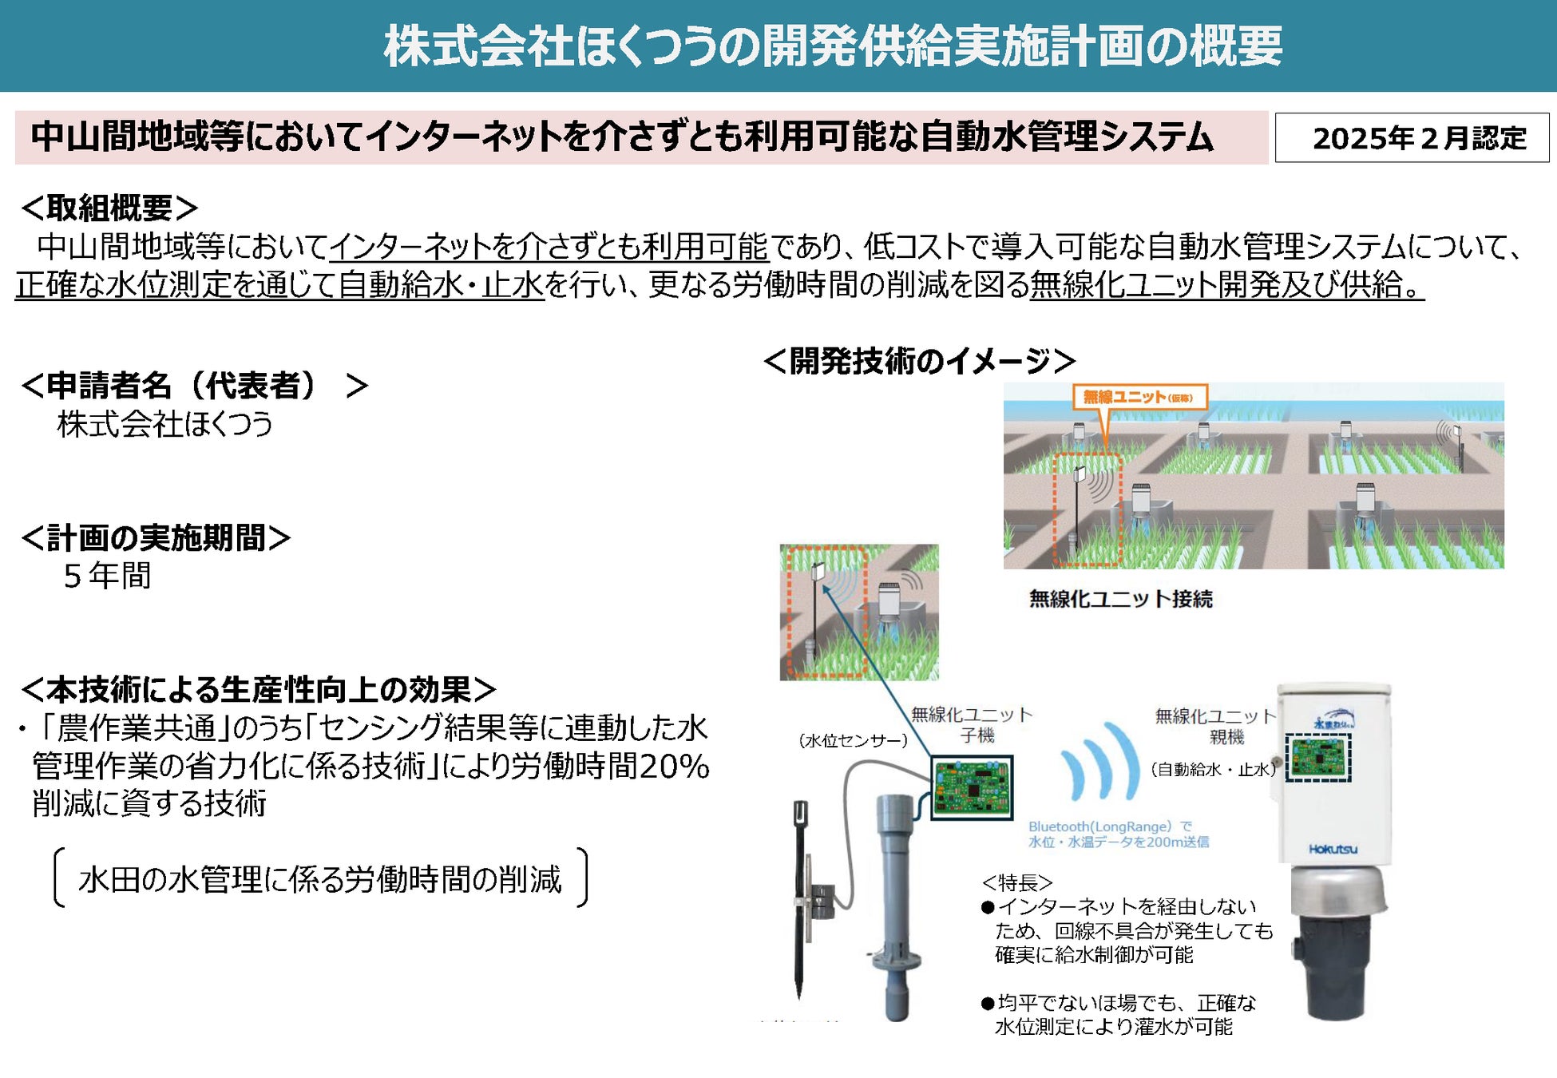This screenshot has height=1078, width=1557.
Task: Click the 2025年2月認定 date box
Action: (x=1411, y=138)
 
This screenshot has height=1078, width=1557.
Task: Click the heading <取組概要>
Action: (x=109, y=208)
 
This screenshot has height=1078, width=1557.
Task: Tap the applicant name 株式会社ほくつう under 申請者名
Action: (x=164, y=424)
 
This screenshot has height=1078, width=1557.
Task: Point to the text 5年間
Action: (x=107, y=576)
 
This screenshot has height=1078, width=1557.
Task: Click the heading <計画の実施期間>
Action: (x=156, y=537)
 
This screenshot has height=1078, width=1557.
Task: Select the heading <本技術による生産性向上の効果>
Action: (x=258, y=689)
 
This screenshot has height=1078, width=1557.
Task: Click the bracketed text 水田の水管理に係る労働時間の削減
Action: (x=320, y=879)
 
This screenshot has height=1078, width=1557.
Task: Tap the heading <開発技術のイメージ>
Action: (x=919, y=361)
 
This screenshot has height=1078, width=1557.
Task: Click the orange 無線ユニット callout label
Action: (x=1138, y=397)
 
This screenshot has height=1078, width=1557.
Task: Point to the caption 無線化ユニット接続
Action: (x=1120, y=599)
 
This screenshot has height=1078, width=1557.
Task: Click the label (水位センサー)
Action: (x=852, y=741)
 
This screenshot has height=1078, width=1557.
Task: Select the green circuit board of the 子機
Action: (x=972, y=787)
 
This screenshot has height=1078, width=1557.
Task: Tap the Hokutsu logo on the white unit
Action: (x=1333, y=849)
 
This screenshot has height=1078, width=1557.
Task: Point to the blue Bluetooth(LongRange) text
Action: (x=1118, y=834)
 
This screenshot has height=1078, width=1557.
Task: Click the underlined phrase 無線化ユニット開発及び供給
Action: (x=1226, y=285)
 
